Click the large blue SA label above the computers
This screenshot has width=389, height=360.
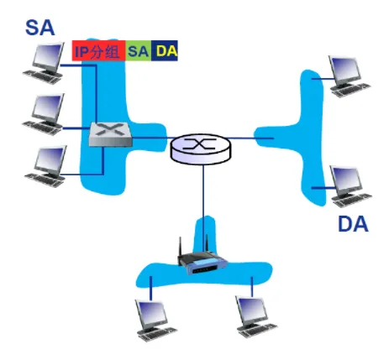click(39, 28)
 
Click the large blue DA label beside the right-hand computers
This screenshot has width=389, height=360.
click(353, 224)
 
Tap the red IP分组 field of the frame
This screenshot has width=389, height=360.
click(98, 50)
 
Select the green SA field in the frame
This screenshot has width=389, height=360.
click(139, 50)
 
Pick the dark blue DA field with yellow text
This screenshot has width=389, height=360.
click(165, 50)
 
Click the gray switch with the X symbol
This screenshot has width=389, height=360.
click(110, 134)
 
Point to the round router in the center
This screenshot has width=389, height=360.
click(201, 149)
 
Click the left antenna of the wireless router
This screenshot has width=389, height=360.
click(181, 247)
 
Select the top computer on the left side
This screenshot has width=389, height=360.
click(44, 63)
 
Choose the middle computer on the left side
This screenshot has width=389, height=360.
click(44, 114)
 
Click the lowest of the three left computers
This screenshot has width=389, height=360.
click(45, 166)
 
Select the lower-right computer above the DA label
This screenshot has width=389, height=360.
click(351, 186)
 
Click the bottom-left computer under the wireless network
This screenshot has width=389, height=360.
click(156, 321)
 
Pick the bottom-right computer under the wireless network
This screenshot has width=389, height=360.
click(256, 317)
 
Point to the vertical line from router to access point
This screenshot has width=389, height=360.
click(203, 208)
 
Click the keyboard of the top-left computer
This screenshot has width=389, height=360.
click(42, 76)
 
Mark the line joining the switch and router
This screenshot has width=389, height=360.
click(151, 138)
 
